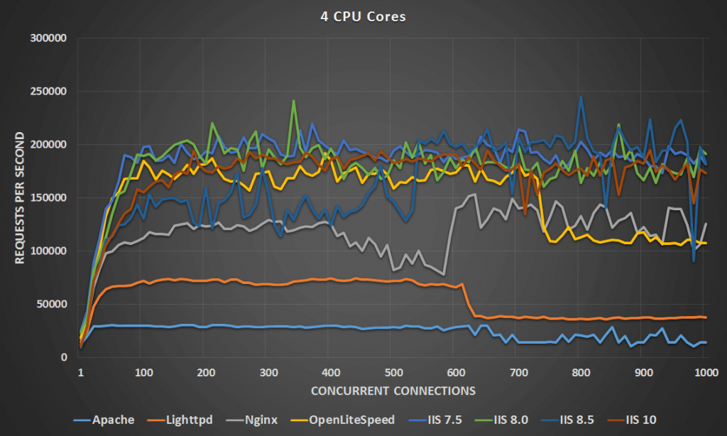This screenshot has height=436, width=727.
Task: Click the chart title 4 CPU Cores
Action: [363, 16]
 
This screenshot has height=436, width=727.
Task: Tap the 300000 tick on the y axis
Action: [48, 38]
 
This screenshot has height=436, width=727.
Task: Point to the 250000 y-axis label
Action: [48, 92]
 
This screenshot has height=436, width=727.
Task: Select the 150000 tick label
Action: [48, 198]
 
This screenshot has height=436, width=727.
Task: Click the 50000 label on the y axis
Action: [50, 305]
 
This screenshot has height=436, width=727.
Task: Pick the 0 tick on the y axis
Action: [63, 358]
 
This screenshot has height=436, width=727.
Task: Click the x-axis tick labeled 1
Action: [80, 373]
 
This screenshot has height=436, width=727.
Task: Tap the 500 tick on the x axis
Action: [393, 373]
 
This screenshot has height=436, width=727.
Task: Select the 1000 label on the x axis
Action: [706, 373]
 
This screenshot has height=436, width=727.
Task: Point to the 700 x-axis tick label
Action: [518, 373]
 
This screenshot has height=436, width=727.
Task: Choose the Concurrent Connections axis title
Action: [393, 391]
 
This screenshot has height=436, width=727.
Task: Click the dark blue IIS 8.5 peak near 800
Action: [581, 97]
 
